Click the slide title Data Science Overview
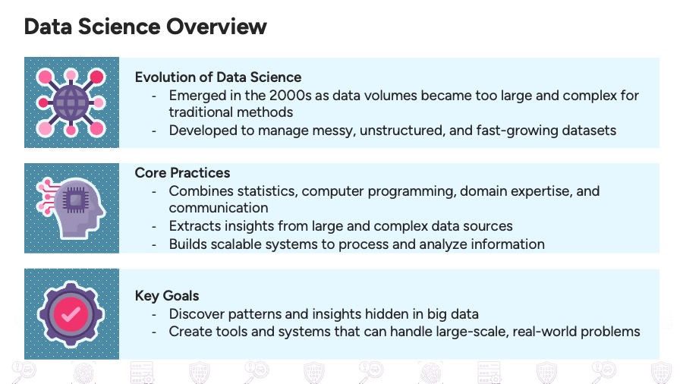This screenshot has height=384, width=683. pyautogui.click(x=145, y=27)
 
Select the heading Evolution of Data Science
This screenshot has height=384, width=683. pyautogui.click(x=218, y=77)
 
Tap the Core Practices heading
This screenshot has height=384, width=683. pyautogui.click(x=182, y=172)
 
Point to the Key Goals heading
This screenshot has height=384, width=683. pyautogui.click(x=167, y=295)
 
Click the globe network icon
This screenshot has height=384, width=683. pyautogui.click(x=71, y=102)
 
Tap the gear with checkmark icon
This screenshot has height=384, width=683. pyautogui.click(x=71, y=313)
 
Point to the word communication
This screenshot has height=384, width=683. pyautogui.click(x=219, y=207)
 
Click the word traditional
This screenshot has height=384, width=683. pyautogui.click(x=200, y=112)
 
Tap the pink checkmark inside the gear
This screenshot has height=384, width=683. pyautogui.click(x=71, y=313)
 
